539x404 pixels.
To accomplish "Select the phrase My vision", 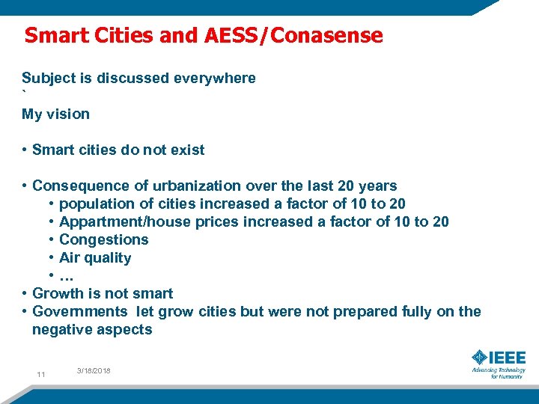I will (55, 114).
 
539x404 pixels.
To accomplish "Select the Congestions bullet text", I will (103, 240).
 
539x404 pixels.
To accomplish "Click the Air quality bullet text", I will (95, 258).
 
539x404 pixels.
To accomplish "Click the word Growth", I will (57, 294).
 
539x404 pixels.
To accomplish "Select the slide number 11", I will (41, 374).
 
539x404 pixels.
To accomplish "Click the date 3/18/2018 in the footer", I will (94, 370).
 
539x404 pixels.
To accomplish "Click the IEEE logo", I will (499, 362).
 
